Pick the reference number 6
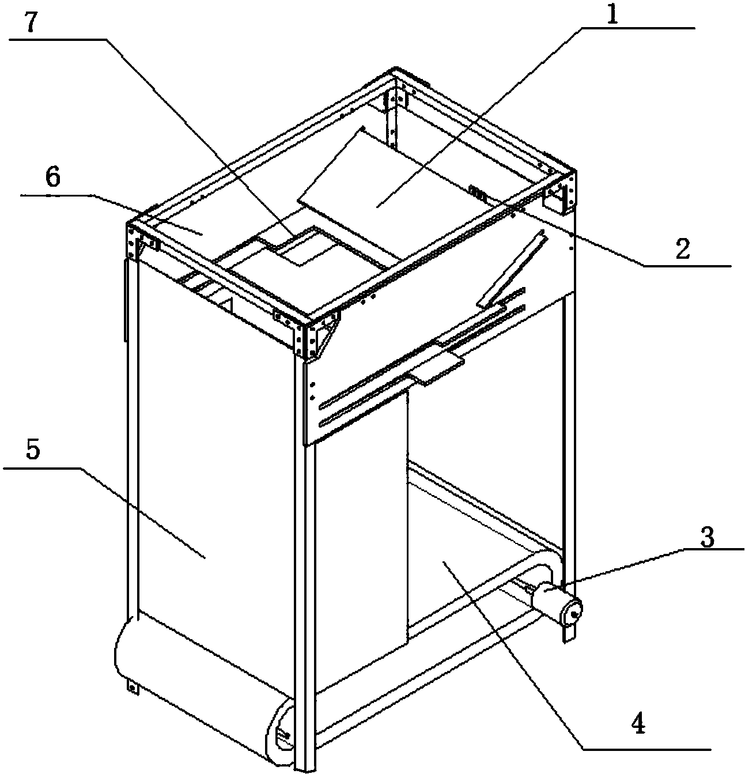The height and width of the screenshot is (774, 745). point(53,177)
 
